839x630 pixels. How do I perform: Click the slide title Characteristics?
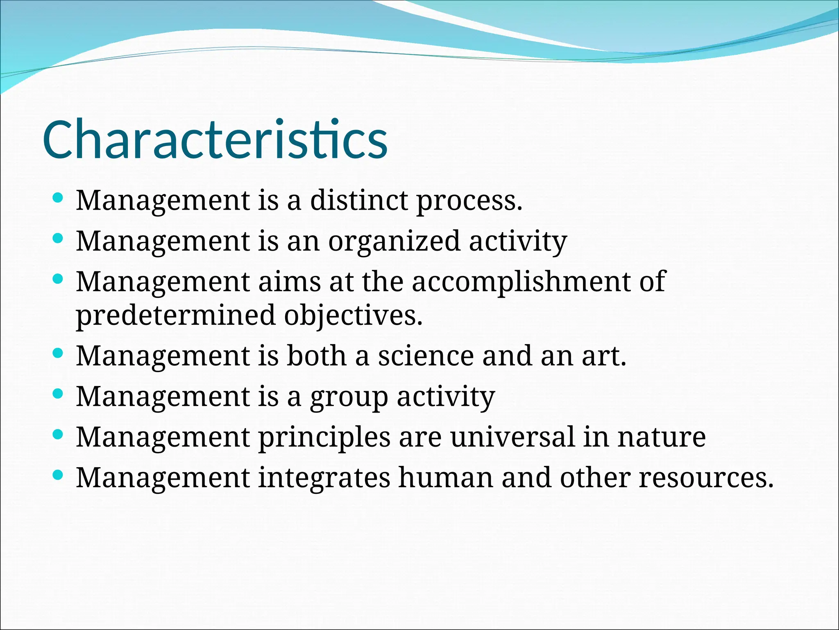coord(215,139)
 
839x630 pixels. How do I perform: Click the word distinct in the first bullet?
coord(359,201)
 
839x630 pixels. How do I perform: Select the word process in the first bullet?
coord(469,201)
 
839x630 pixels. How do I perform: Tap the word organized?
coord(394,242)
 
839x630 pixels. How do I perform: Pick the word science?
coord(426,356)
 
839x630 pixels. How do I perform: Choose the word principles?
coord(324,438)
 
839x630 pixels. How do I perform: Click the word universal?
coord(512,437)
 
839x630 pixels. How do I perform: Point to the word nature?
coord(662,437)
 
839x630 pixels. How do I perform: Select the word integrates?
coord(324,478)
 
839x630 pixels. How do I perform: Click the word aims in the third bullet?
coord(289,282)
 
